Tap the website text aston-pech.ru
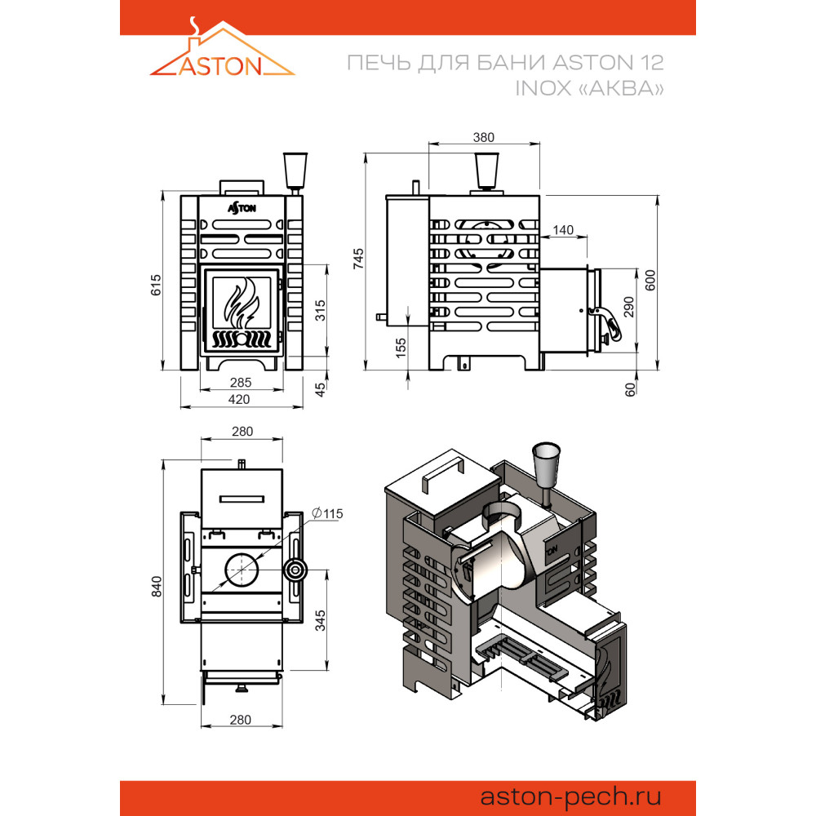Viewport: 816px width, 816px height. point(570,797)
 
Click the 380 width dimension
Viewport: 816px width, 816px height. point(483,137)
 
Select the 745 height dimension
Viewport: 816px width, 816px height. point(358,259)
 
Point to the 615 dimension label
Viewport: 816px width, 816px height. point(156,285)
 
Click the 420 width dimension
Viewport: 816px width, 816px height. point(239,399)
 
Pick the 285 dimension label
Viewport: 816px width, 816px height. point(241,383)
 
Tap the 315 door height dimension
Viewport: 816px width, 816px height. point(321,310)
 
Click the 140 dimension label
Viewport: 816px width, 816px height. point(563,229)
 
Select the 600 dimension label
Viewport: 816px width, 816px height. point(650,281)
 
